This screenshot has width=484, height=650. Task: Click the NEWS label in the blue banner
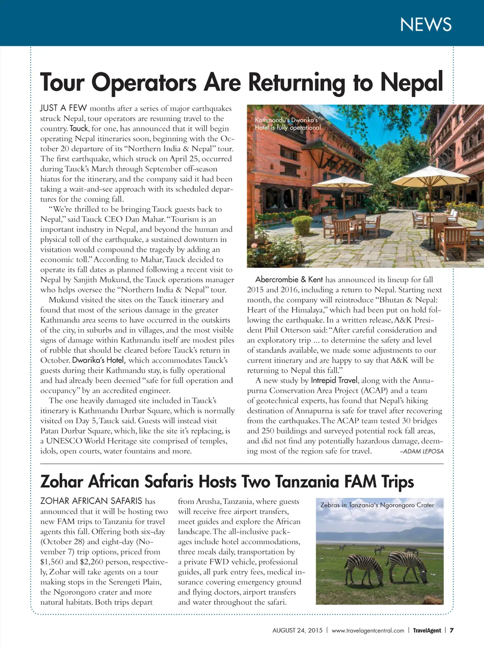[425, 25]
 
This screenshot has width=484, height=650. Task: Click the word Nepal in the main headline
[412, 82]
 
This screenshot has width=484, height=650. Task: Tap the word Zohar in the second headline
[61, 481]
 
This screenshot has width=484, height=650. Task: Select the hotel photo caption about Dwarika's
[288, 124]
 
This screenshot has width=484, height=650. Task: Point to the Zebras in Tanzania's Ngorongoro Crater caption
[377, 505]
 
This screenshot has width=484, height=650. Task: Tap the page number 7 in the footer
[451, 630]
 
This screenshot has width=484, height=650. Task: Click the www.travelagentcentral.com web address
[368, 630]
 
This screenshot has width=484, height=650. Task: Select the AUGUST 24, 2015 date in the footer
[297, 630]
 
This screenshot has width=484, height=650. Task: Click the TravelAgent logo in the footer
[427, 630]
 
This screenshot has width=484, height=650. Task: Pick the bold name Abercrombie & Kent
[289, 280]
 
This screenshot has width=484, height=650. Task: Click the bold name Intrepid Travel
[334, 380]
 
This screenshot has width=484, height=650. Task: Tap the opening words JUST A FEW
[63, 108]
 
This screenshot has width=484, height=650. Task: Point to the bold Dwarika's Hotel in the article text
[99, 360]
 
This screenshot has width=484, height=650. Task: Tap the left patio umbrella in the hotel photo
[344, 182]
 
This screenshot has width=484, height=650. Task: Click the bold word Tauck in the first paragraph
[79, 128]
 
